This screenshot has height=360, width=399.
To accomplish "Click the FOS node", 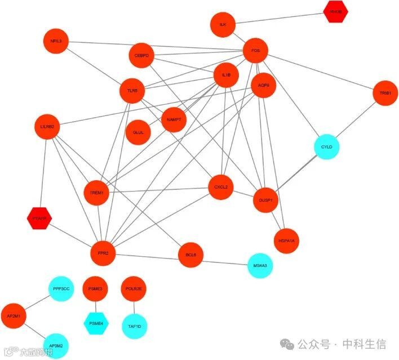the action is click(x=255, y=51).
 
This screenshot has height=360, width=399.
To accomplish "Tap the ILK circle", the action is click(x=223, y=25).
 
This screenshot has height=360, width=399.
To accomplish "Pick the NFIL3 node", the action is click(x=56, y=41).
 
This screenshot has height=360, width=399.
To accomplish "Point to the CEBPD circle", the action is click(x=141, y=56).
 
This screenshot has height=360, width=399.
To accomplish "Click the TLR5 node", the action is click(x=132, y=91).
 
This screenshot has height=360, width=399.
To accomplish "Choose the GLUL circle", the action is click(x=138, y=132).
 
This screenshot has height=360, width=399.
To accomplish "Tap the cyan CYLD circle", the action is click(x=327, y=147).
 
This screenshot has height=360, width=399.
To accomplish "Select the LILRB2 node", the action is click(x=47, y=127).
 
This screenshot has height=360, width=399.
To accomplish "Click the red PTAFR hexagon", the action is click(x=39, y=218).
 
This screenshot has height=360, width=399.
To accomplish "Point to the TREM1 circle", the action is click(x=96, y=193).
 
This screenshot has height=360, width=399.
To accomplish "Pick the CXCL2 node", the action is click(x=220, y=188).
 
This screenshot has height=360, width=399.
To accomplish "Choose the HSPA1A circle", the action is click(x=286, y=241).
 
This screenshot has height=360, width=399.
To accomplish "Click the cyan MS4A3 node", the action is click(x=260, y=265).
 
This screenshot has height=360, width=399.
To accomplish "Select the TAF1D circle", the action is click(x=134, y=326).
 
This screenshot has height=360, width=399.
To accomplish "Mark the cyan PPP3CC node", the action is click(x=61, y=289).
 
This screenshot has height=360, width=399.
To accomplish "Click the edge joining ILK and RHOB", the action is click(x=280, y=18).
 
